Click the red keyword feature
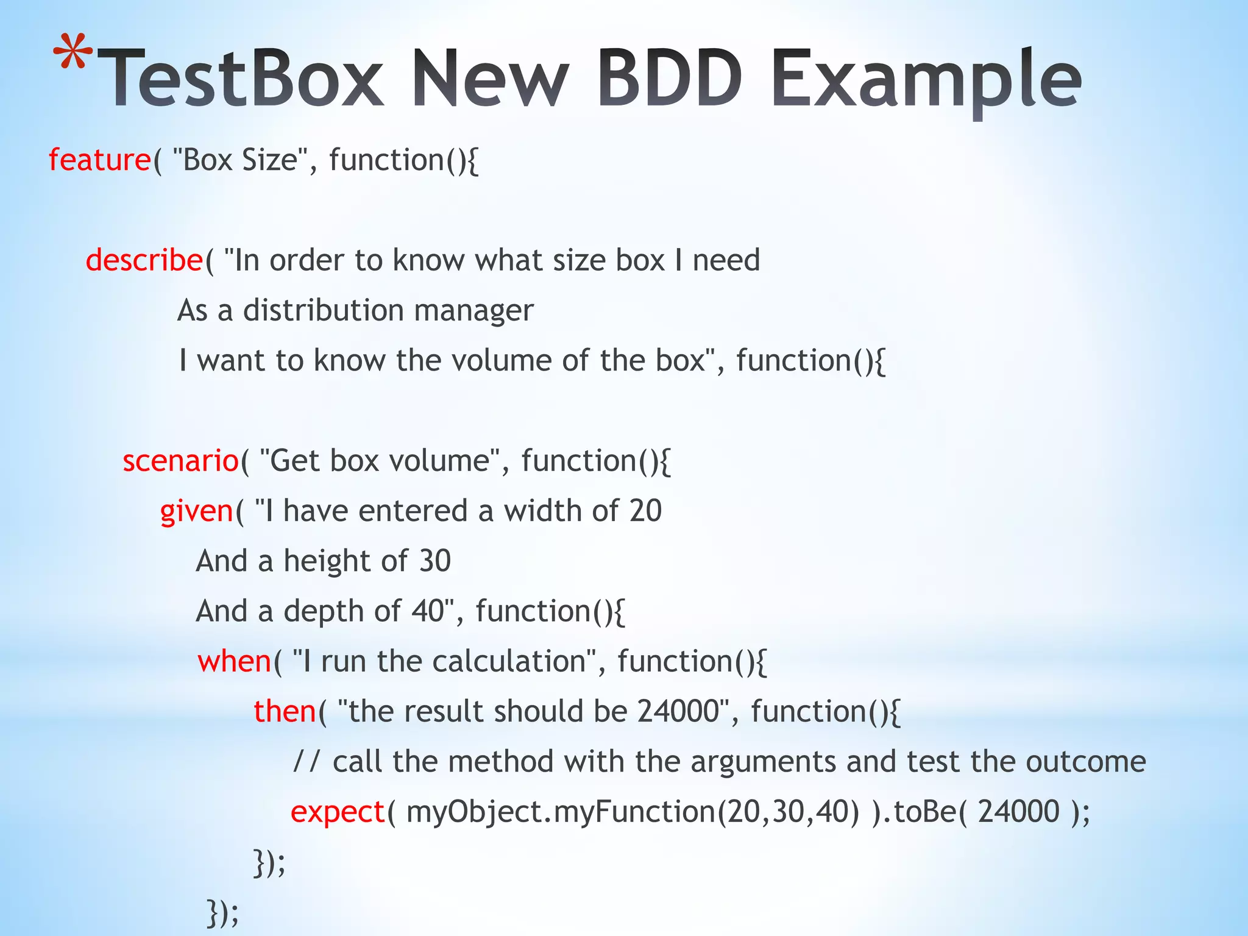pos(99,160)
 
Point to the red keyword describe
pos(144,261)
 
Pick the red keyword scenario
pos(180,461)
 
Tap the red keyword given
pos(196,512)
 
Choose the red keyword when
pos(234,661)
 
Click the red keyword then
pos(285,711)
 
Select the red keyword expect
pos(338,813)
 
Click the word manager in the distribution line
pos(473,311)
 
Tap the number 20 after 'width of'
pos(645,511)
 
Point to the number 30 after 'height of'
pos(434,561)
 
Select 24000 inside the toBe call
pos(1018,812)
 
